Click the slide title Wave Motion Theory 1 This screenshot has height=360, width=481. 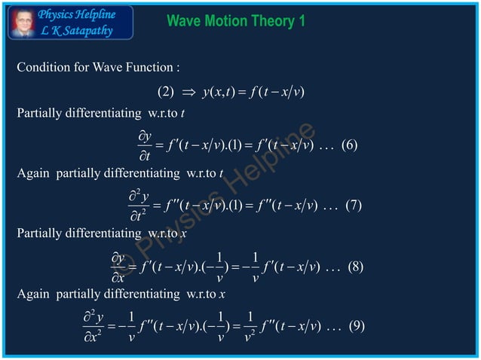click(235, 20)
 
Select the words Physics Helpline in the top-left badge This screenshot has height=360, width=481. click(77, 14)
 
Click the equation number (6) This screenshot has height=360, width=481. click(349, 146)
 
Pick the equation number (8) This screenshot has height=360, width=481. click(348, 267)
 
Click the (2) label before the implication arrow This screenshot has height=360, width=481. click(165, 93)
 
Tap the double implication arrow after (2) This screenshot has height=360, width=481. click(188, 93)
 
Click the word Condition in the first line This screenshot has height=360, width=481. click(42, 68)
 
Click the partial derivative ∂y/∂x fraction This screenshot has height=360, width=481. click(118, 267)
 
